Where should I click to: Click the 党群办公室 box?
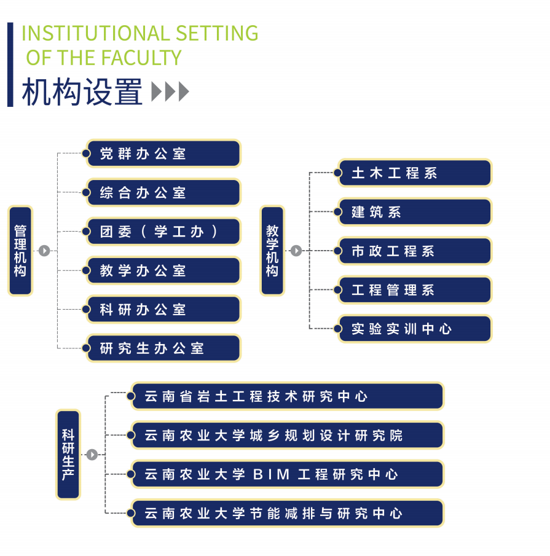163,154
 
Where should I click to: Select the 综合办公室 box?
163,193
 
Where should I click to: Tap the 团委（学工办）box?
163,232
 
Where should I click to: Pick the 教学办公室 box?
163,271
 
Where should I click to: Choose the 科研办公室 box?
163,310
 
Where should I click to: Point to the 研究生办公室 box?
163,348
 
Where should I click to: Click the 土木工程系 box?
415,173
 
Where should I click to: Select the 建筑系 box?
415,212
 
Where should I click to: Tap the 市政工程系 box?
415,251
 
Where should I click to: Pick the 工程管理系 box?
415,290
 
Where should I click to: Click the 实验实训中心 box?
415,329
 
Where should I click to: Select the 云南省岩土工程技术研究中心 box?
287,396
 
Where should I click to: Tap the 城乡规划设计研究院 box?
287,435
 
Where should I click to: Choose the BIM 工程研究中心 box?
287,474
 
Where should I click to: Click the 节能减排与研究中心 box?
287,513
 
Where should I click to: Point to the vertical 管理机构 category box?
20,251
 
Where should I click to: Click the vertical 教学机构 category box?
272,251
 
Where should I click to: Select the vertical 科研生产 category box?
68,455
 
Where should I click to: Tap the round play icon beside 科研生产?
92,455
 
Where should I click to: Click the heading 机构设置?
82,92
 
